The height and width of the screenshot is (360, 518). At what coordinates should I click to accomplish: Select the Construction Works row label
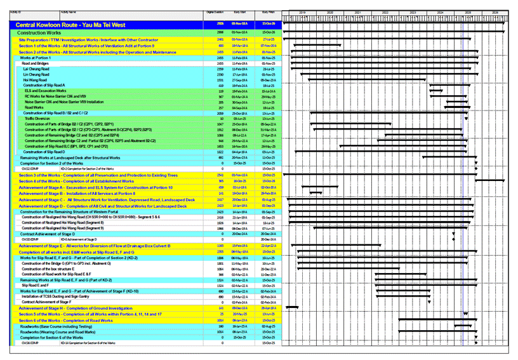tap(39, 32)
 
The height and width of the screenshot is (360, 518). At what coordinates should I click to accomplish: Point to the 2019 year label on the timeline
tap(302, 11)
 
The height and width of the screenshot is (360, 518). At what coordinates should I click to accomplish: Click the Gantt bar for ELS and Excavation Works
tap(436, 91)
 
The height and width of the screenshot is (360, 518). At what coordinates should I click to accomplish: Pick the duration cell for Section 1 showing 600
tap(221, 46)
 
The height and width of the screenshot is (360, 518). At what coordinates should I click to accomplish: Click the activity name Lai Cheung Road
tap(35, 69)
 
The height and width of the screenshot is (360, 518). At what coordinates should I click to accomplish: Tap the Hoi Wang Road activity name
tap(34, 80)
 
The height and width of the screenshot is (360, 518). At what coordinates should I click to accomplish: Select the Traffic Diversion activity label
tap(37, 118)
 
